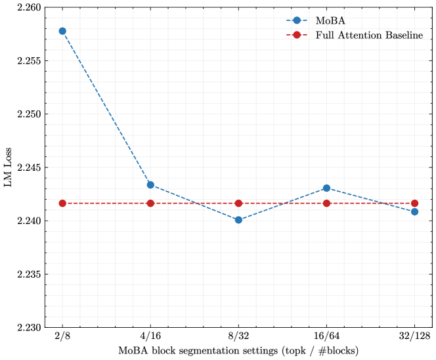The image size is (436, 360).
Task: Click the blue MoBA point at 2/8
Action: click(x=62, y=31)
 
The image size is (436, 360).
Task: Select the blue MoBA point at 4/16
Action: click(x=150, y=185)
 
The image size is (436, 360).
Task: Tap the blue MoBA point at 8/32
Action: click(x=238, y=220)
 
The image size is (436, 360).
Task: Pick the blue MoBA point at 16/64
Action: click(x=326, y=188)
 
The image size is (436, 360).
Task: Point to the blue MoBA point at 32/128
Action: click(x=414, y=212)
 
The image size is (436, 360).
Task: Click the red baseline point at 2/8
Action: click(x=62, y=203)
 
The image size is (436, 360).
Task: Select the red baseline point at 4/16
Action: click(x=150, y=203)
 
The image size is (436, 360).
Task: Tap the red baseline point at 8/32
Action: click(x=238, y=203)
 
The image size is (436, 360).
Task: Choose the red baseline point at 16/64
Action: click(x=326, y=203)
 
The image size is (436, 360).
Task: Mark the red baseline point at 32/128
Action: click(x=414, y=203)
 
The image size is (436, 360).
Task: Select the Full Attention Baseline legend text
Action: click(x=369, y=35)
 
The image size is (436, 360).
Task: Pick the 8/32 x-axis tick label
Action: click(x=238, y=336)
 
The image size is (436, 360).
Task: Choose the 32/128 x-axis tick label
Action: click(x=414, y=336)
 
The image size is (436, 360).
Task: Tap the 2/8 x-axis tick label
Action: click(x=62, y=336)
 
